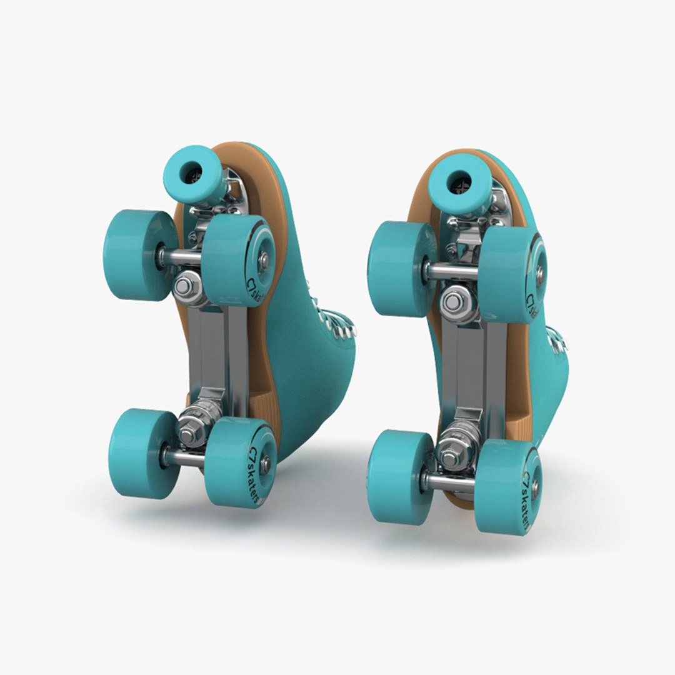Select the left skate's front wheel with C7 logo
click(x=239, y=260)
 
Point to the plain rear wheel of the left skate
click(x=143, y=453)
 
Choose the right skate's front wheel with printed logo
click(x=512, y=275)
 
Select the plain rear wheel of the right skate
click(x=400, y=476)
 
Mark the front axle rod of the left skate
click(x=182, y=256)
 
